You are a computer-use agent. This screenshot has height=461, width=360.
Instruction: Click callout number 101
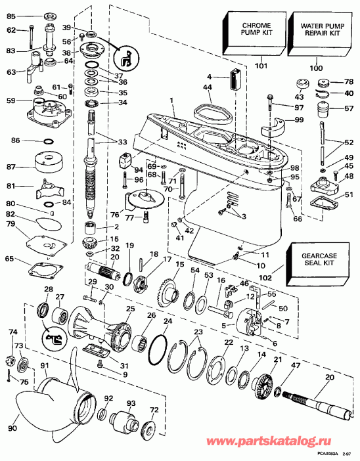(x=261, y=66)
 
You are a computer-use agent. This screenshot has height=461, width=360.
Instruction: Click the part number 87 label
(x=11, y=167)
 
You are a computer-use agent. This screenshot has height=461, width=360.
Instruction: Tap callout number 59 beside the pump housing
(x=10, y=101)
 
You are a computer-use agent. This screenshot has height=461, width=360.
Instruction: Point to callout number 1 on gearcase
(x=171, y=99)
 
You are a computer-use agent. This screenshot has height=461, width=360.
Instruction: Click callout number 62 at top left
(x=11, y=30)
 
